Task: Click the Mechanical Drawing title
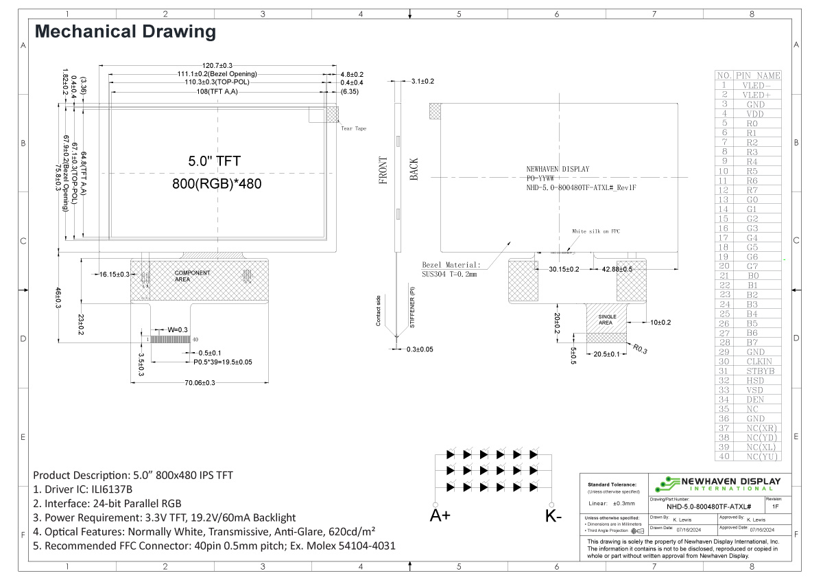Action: pyautogui.click(x=126, y=32)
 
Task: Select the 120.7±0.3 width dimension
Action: pyautogui.click(x=217, y=65)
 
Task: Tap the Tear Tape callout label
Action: pyautogui.click(x=354, y=128)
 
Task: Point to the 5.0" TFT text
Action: pyautogui.click(x=215, y=161)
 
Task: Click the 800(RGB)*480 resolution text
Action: pyautogui.click(x=217, y=184)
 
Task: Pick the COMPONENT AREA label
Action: pyautogui.click(x=192, y=277)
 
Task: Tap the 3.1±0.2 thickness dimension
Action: pyautogui.click(x=422, y=82)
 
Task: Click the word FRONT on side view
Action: pyautogui.click(x=383, y=170)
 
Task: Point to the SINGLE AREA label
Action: pyautogui.click(x=606, y=319)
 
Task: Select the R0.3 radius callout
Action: pyautogui.click(x=640, y=349)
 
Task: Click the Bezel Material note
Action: pyautogui.click(x=451, y=265)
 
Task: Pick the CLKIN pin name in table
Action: pyautogui.click(x=759, y=361)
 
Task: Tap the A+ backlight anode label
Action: pyautogui.click(x=440, y=516)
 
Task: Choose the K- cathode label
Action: pyautogui.click(x=553, y=516)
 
